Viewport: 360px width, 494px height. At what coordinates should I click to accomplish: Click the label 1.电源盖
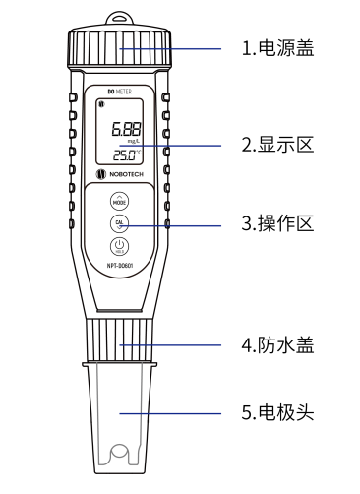click(x=278, y=46)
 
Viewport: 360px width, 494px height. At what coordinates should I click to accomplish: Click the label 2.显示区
click(x=278, y=145)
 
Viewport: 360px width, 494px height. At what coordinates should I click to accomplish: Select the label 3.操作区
click(x=278, y=223)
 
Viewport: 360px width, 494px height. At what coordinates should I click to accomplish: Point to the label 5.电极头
click(x=278, y=414)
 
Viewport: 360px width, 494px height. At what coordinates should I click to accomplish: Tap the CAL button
click(x=120, y=223)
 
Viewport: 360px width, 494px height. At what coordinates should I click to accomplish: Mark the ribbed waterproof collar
click(x=120, y=342)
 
